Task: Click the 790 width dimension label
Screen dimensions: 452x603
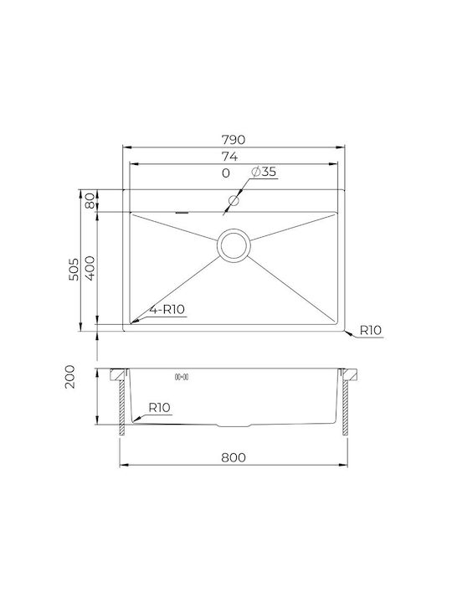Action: pyautogui.click(x=234, y=140)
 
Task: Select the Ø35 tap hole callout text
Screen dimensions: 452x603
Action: pyautogui.click(x=264, y=172)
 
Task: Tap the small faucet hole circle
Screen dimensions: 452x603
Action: pyautogui.click(x=234, y=200)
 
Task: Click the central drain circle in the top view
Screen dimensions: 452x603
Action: pyautogui.click(x=234, y=245)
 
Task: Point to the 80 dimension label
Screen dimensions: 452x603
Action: pyautogui.click(x=90, y=200)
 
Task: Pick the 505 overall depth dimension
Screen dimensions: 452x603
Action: pyautogui.click(x=74, y=269)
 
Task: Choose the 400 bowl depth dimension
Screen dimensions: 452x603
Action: pyautogui.click(x=90, y=268)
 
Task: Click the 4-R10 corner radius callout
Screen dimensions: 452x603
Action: pyautogui.click(x=167, y=309)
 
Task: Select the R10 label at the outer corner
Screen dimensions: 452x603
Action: pyautogui.click(x=371, y=330)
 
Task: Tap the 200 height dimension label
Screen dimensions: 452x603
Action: pyautogui.click(x=70, y=377)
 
